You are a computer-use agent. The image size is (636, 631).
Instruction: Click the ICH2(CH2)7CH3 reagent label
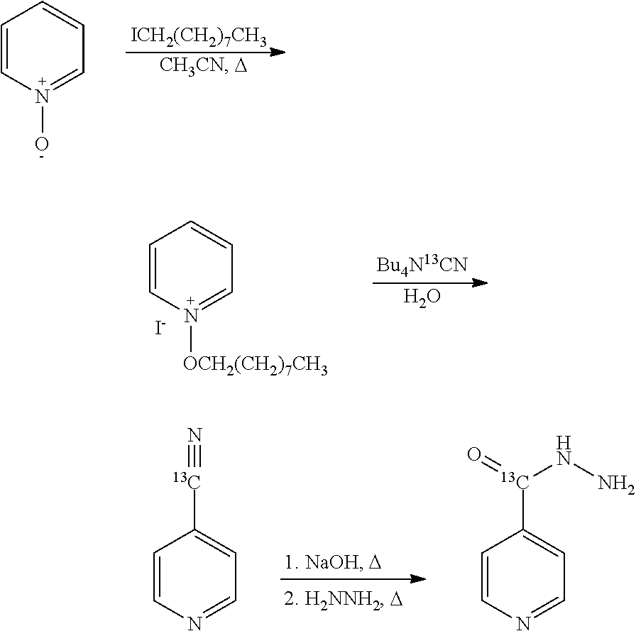tap(198, 38)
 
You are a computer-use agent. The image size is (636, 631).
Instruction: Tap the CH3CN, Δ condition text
tap(203, 65)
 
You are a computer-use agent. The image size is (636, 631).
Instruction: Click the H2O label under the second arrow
tap(422, 297)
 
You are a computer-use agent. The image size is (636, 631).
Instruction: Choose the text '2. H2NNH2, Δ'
tap(343, 599)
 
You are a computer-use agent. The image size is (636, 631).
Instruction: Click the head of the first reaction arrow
tap(278, 53)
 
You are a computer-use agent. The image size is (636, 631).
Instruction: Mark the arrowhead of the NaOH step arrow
tap(418, 578)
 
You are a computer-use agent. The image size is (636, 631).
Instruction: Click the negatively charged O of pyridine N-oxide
tap(41, 143)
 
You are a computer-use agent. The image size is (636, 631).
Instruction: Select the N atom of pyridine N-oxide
tap(42, 96)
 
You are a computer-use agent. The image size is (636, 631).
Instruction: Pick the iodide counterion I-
tap(160, 328)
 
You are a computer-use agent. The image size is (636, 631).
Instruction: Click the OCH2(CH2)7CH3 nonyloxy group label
tap(255, 365)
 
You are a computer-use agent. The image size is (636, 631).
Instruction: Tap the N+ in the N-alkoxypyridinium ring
tap(191, 315)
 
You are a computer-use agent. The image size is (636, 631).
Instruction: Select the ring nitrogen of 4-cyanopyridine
tap(195, 623)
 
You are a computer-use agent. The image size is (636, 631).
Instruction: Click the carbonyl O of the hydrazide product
tap(474, 454)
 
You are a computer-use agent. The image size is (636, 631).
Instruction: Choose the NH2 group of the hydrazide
tap(617, 483)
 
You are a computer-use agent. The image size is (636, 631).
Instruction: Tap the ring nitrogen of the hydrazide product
tap(523, 623)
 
